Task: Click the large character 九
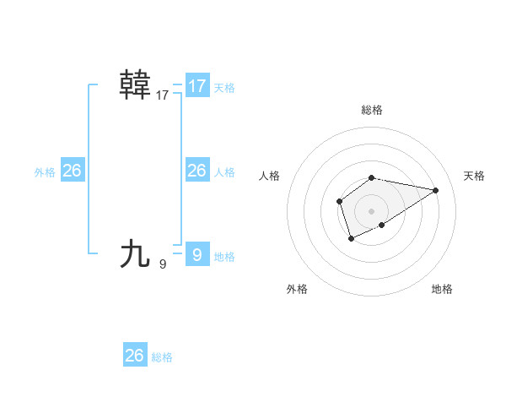coord(135,253)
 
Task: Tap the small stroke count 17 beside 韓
coord(163,95)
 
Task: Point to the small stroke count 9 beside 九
coord(163,264)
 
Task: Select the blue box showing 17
coord(197,86)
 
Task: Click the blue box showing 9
coord(197,254)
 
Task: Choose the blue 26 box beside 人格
coord(197,171)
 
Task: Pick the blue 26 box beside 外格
coord(72,171)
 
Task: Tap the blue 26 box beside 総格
coord(135,356)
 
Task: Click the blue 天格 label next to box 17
coord(224,87)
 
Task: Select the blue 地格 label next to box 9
coord(224,256)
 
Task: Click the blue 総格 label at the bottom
coord(162,357)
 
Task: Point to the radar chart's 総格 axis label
coord(372,110)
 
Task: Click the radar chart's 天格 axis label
coord(474,176)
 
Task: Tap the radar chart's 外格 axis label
coord(297,289)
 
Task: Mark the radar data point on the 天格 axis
coord(435,190)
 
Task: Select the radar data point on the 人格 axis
coord(339,201)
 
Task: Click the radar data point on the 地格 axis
coord(382,225)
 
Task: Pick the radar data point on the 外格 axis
coord(351,240)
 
